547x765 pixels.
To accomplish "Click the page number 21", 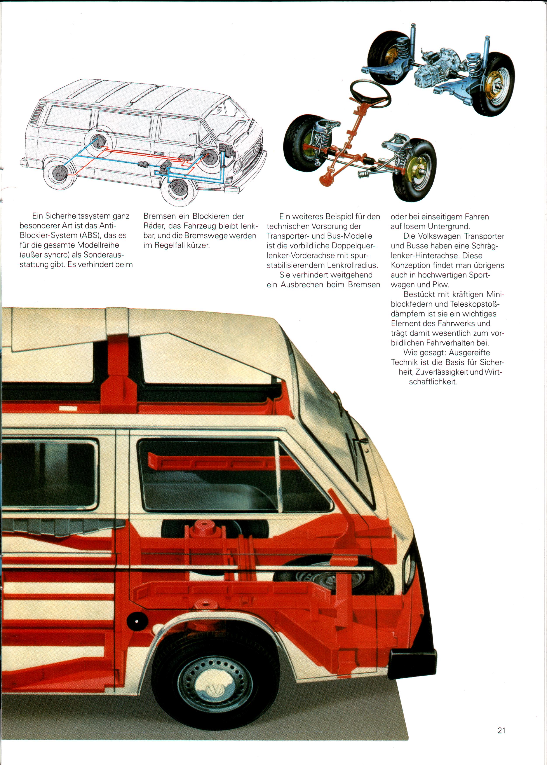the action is click(x=501, y=730).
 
